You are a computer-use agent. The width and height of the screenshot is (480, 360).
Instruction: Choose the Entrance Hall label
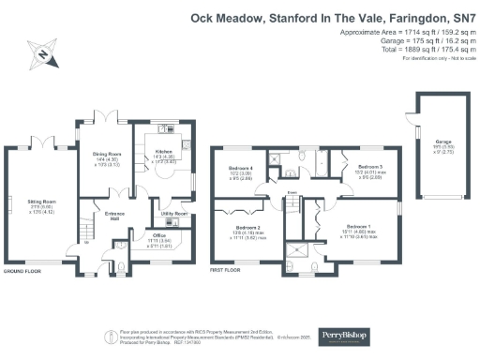coord(115,215)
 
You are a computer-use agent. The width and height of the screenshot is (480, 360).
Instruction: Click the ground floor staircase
coord(83,230)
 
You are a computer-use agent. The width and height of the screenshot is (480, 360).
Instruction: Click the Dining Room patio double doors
coord(111,118)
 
